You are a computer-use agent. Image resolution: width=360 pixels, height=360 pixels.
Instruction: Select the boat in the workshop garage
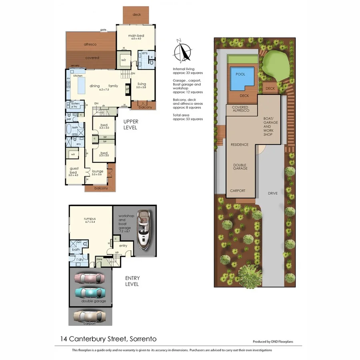coord(143,228)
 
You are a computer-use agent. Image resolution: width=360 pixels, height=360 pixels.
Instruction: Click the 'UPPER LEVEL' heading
coord(130,124)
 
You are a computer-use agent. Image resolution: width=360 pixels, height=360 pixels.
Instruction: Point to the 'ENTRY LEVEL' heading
coord(132,281)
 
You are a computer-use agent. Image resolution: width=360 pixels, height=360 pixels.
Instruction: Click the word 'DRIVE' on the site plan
coord(273,193)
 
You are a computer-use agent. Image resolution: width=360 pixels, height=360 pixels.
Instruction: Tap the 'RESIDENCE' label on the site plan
coord(239,145)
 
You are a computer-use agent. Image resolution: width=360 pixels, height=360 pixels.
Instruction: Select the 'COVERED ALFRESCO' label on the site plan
coord(240,109)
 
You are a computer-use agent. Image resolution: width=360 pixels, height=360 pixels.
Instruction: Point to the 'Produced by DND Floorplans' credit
coord(276,342)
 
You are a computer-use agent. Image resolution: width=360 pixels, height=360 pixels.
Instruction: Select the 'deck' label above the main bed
coord(136,14)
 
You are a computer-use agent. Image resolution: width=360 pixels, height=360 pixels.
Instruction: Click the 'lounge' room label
coord(98,172)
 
